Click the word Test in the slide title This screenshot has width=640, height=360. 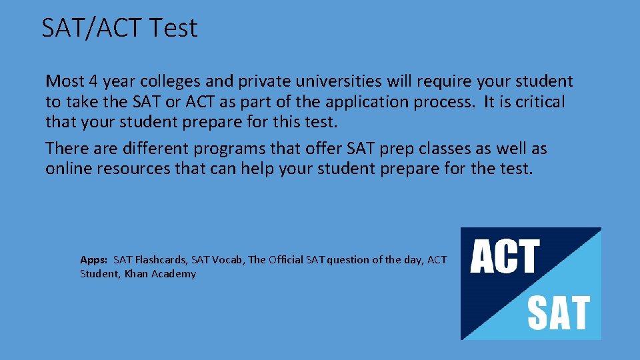pos(174,28)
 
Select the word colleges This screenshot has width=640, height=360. pos(169,81)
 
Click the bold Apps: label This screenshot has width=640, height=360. pos(94,260)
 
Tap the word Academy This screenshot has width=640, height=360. pos(174,274)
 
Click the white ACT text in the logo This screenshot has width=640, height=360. pos(505,257)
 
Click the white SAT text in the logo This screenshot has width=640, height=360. pos(559,313)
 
